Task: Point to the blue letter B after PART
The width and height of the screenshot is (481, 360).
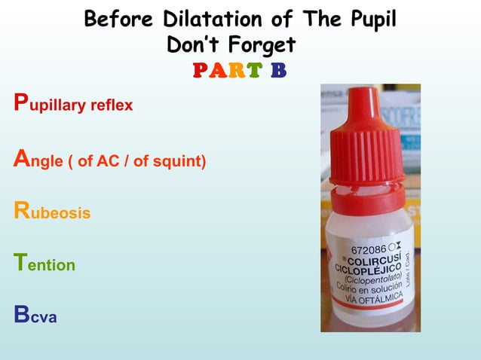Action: click(x=278, y=71)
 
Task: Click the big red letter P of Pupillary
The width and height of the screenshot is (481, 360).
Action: click(x=20, y=103)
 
